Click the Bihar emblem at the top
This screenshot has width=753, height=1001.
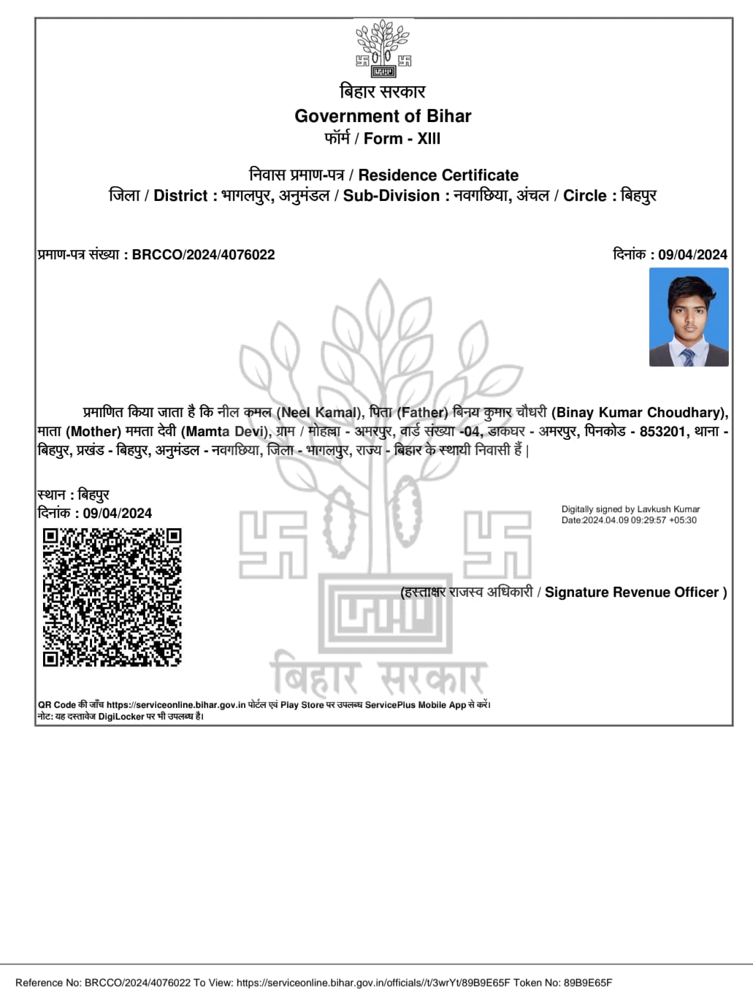[x=383, y=47]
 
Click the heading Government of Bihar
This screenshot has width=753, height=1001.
[x=383, y=116]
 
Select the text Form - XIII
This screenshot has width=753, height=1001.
[x=402, y=139]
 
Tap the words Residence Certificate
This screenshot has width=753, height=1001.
[x=438, y=175]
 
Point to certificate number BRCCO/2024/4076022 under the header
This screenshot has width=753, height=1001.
[x=203, y=255]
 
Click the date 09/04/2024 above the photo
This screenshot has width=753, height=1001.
[x=692, y=255]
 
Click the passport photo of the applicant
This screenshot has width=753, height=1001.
[x=689, y=317]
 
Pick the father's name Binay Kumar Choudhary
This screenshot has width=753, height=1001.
[x=639, y=413]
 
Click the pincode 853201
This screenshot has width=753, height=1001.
[x=663, y=432]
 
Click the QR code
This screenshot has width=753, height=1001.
[x=112, y=597]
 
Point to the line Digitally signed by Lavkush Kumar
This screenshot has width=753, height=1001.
[x=630, y=509]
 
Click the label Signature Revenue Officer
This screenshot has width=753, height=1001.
[x=632, y=593]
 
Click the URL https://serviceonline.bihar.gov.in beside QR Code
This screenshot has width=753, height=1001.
[x=176, y=705]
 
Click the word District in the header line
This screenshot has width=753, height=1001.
[x=180, y=196]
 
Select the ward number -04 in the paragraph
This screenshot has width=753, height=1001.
[x=470, y=432]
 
